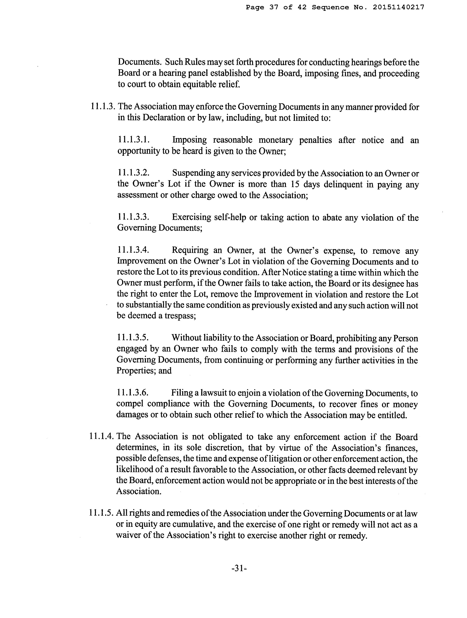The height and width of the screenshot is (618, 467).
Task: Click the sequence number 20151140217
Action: point(398,7)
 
